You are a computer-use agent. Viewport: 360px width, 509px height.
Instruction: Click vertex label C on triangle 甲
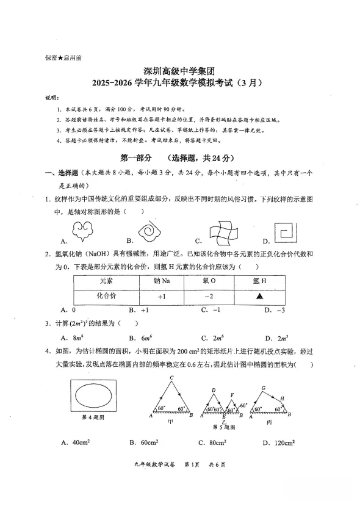tap(172, 378)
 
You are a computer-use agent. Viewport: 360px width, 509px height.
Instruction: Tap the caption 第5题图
tap(223, 427)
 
